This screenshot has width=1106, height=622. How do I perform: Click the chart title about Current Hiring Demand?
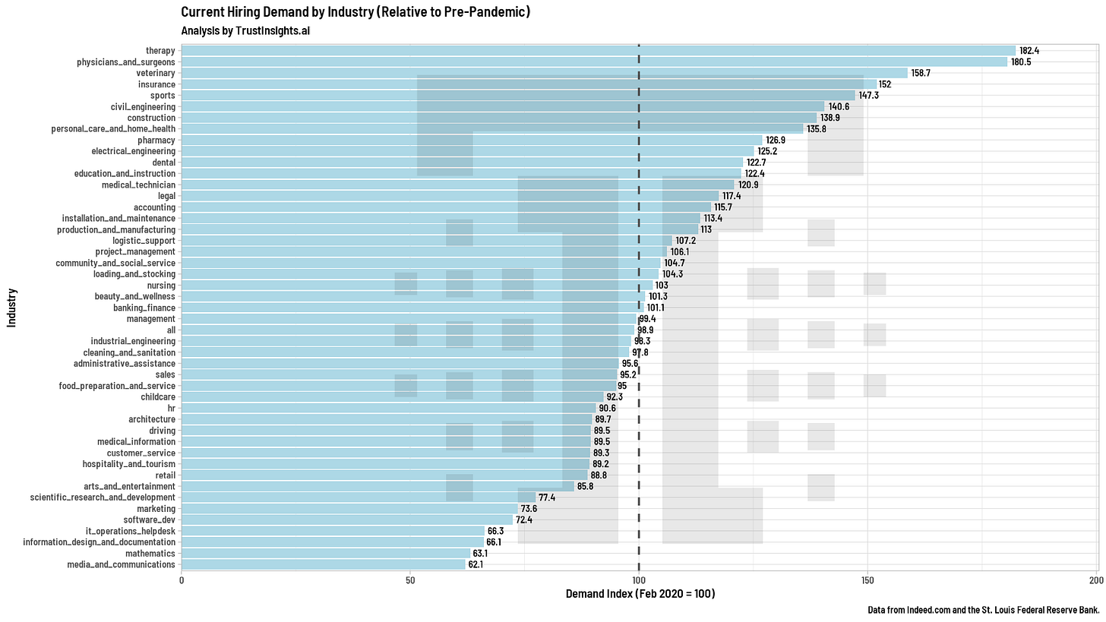pyautogui.click(x=355, y=12)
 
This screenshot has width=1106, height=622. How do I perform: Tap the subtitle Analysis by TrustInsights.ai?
pyautogui.click(x=245, y=30)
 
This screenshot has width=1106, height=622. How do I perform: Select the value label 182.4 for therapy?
pyautogui.click(x=1029, y=50)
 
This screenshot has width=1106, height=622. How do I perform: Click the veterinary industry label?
pyautogui.click(x=156, y=73)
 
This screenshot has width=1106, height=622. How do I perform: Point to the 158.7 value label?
pyautogui.click(x=921, y=73)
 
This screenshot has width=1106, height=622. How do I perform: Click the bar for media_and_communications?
pyautogui.click(x=324, y=564)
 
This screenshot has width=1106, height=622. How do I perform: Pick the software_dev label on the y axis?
pyautogui.click(x=149, y=519)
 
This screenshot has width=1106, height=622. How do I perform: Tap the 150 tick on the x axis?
pyautogui.click(x=867, y=580)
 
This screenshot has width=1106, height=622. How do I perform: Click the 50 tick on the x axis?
pyautogui.click(x=410, y=580)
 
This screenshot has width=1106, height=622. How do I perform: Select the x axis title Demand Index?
pyautogui.click(x=640, y=593)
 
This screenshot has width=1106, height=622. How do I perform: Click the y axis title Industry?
pyautogui.click(x=12, y=308)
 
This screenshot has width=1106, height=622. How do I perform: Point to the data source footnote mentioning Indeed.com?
pyautogui.click(x=984, y=610)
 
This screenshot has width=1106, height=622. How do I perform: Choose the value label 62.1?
pyautogui.click(x=476, y=564)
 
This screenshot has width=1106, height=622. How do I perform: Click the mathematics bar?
pyautogui.click(x=326, y=554)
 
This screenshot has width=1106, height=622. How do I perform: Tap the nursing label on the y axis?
pyautogui.click(x=161, y=286)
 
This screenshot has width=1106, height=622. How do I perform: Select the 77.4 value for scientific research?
pyautogui.click(x=547, y=497)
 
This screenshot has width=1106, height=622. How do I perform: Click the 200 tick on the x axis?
pyautogui.click(x=1095, y=580)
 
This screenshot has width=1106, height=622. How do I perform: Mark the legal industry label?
pyautogui.click(x=166, y=196)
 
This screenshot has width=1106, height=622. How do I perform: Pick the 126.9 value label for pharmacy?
pyautogui.click(x=776, y=141)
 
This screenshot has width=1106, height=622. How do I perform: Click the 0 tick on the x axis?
pyautogui.click(x=182, y=580)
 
